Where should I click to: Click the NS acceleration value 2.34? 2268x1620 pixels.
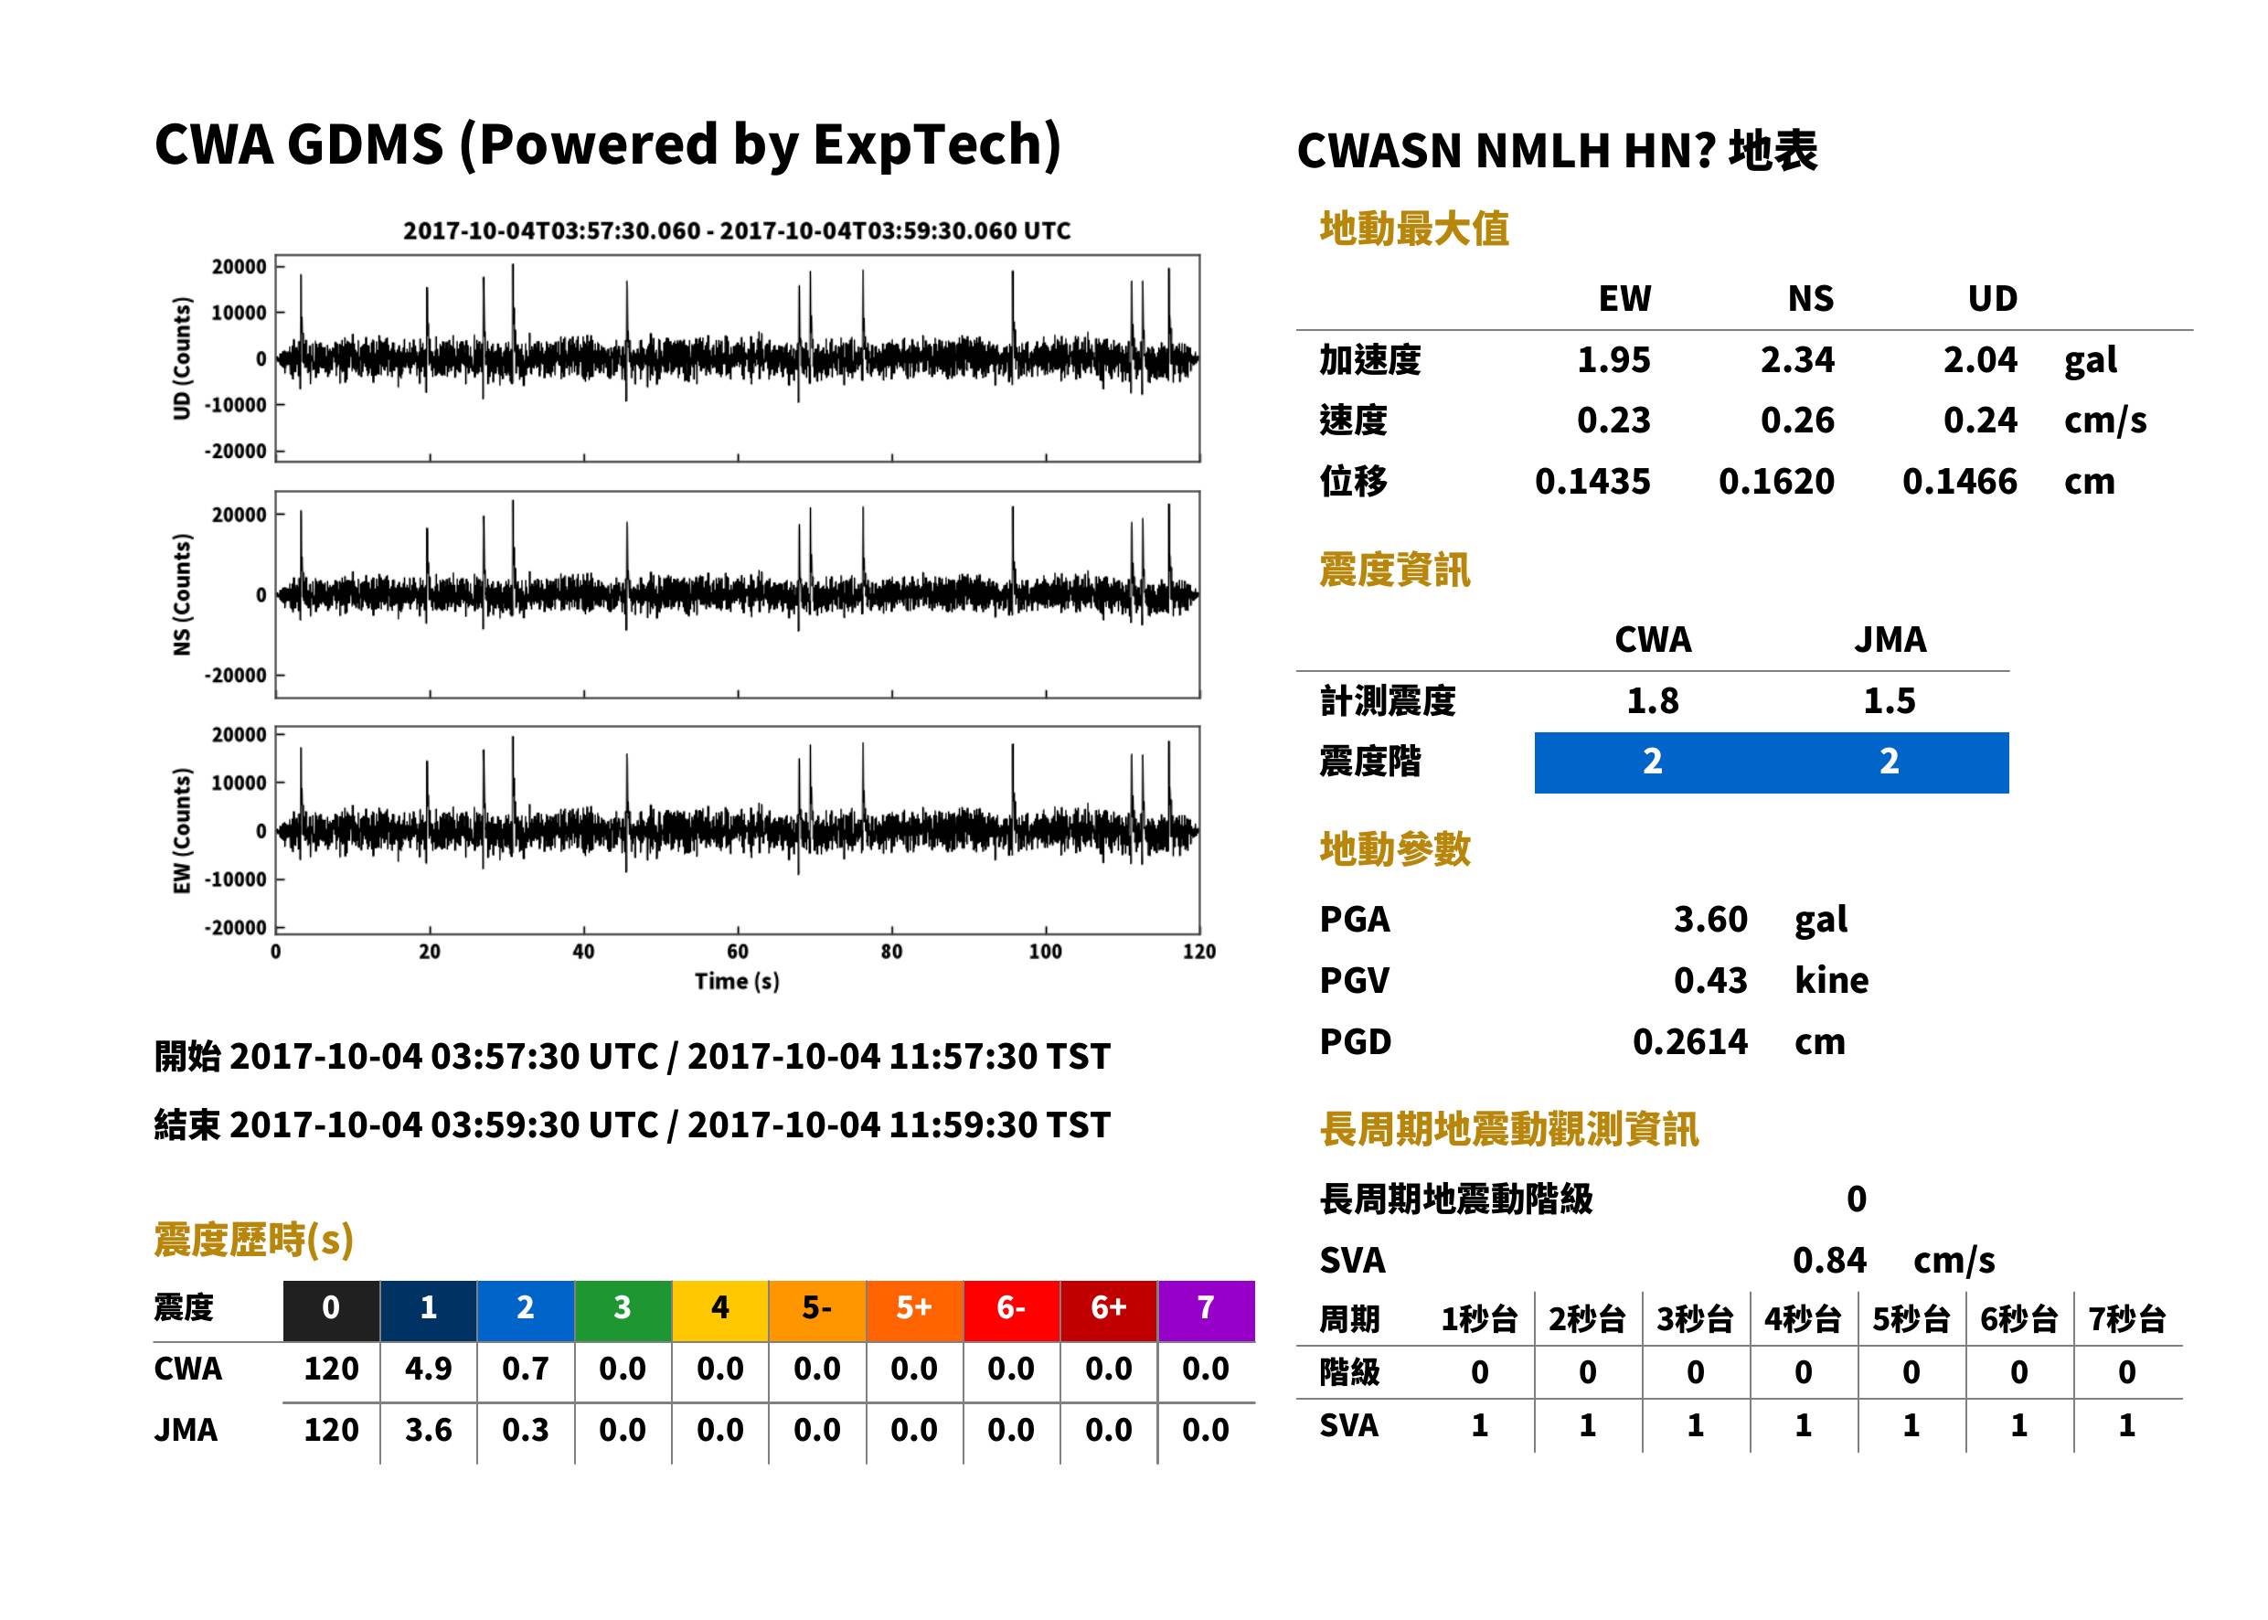pyautogui.click(x=1796, y=359)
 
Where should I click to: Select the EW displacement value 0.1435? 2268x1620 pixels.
pyautogui.click(x=1592, y=481)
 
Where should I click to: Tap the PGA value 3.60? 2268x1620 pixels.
pyautogui.click(x=1709, y=919)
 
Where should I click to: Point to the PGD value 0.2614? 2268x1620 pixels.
pyautogui.click(x=1689, y=1041)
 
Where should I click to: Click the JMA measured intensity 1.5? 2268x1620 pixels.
pyautogui.click(x=1888, y=700)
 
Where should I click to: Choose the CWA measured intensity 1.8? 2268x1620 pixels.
pyautogui.click(x=1652, y=700)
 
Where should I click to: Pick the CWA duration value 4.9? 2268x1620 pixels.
pyautogui.click(x=428, y=1369)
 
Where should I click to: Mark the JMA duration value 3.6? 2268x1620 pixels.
pyautogui.click(x=428, y=1430)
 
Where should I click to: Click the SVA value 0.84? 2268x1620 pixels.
pyautogui.click(x=1828, y=1260)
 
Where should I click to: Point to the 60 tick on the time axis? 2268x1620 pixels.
pyautogui.click(x=737, y=952)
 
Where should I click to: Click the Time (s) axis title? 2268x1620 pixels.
pyautogui.click(x=737, y=982)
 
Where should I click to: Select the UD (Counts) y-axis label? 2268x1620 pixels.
pyautogui.click(x=182, y=358)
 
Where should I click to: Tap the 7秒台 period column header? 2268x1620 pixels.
pyautogui.click(x=2127, y=1318)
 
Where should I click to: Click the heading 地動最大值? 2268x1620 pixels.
pyautogui.click(x=1414, y=229)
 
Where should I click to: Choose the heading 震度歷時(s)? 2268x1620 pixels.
pyautogui.click(x=253, y=1240)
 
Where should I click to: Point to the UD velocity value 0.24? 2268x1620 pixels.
pyautogui.click(x=1980, y=420)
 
